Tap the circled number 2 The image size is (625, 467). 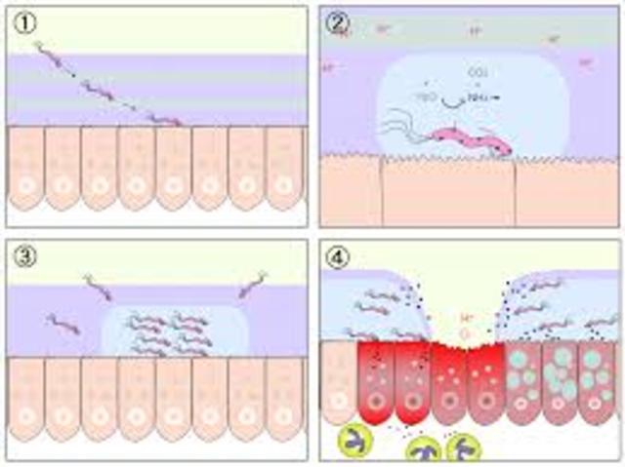click(x=339, y=20)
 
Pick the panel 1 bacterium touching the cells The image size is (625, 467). click(x=166, y=120)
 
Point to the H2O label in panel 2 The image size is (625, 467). click(x=428, y=97)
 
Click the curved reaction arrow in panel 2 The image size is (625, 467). click(x=453, y=100)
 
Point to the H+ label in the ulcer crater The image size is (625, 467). click(x=466, y=318)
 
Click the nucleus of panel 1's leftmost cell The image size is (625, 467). click(x=26, y=182)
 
